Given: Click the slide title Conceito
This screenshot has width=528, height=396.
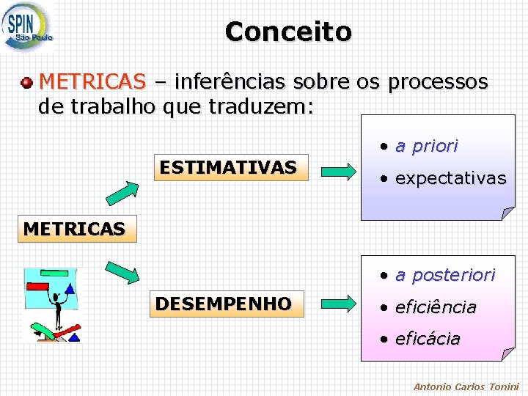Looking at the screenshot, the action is pyautogui.click(x=288, y=32).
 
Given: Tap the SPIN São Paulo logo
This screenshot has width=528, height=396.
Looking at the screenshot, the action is pyautogui.click(x=28, y=26).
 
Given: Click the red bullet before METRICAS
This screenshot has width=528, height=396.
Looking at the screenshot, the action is pyautogui.click(x=27, y=80).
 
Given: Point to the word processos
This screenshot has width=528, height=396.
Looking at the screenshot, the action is pyautogui.click(x=438, y=81).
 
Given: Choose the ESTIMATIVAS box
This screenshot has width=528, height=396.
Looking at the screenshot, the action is pyautogui.click(x=228, y=167).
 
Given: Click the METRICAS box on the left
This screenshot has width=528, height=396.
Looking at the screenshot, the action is pyautogui.click(x=74, y=229).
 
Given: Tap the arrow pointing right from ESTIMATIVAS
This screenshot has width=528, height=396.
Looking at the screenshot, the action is pyautogui.click(x=339, y=172).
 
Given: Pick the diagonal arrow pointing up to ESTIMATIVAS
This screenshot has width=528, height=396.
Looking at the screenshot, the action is pyautogui.click(x=122, y=193).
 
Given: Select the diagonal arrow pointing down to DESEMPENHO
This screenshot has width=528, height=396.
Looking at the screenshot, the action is pyautogui.click(x=122, y=271).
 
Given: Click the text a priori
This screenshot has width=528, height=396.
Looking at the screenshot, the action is pyautogui.click(x=427, y=146).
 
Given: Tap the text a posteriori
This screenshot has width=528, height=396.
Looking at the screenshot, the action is pyautogui.click(x=445, y=275).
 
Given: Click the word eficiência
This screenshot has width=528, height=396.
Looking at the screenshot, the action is pyautogui.click(x=436, y=307).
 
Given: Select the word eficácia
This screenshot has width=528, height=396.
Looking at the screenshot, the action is pyautogui.click(x=428, y=339).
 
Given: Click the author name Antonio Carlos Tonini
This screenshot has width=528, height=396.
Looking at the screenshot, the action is pyautogui.click(x=466, y=386).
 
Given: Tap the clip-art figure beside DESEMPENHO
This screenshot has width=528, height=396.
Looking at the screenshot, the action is pyautogui.click(x=51, y=305).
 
